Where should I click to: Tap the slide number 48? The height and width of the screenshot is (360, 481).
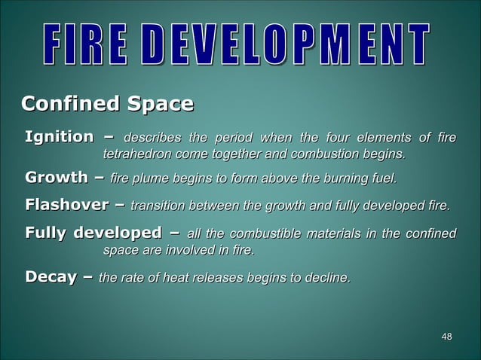[x=446, y=336]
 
